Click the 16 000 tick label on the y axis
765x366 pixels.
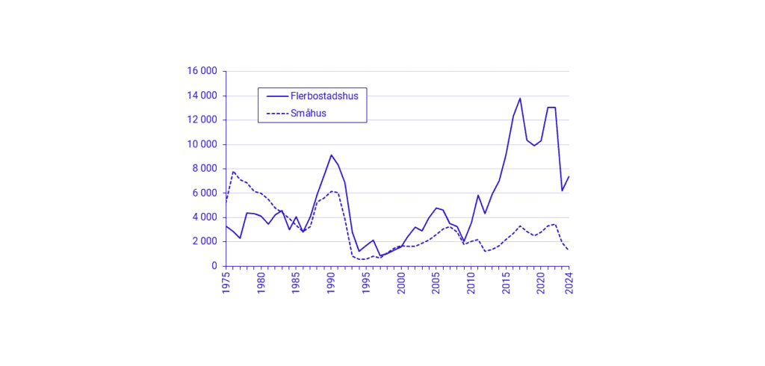(x=202, y=72)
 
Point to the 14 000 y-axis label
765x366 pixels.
(x=202, y=96)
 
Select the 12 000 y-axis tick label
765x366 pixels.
(x=202, y=120)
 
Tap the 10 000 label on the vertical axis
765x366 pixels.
(x=202, y=144)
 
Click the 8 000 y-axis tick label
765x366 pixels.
(x=205, y=169)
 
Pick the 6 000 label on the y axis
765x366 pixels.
(x=205, y=193)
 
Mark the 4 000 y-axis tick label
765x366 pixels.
(x=205, y=217)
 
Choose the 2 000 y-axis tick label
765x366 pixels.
(x=205, y=241)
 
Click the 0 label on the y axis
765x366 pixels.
(x=214, y=266)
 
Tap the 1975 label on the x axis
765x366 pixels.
(x=226, y=285)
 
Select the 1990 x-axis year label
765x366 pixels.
(x=331, y=285)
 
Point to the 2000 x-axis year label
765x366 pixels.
(x=401, y=285)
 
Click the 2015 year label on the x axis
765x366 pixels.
(x=506, y=285)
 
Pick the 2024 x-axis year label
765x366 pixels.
(x=569, y=285)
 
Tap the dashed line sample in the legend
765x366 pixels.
(x=276, y=114)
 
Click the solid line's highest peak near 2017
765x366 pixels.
(x=520, y=98)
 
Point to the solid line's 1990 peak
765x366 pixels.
(x=331, y=155)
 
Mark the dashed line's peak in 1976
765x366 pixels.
(x=233, y=172)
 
